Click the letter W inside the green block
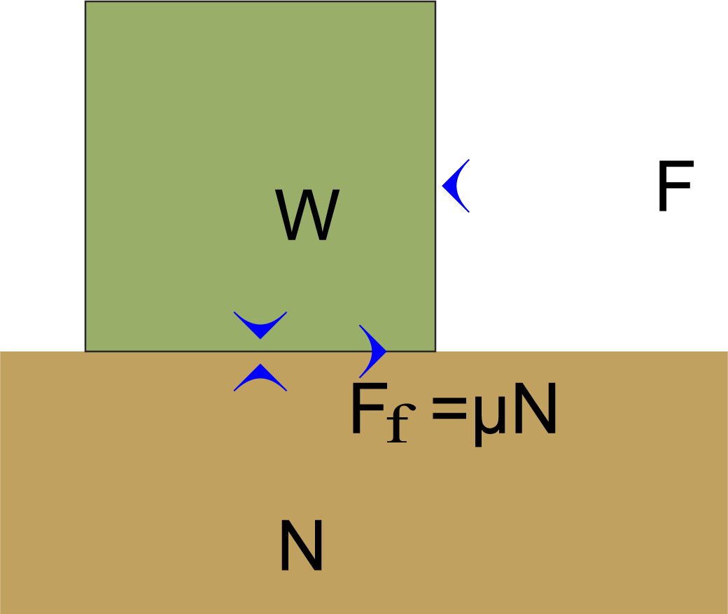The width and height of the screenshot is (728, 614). (307, 216)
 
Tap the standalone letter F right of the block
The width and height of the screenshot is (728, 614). (675, 187)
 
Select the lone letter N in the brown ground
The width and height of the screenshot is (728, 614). (301, 545)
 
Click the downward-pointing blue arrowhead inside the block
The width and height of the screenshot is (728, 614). (260, 324)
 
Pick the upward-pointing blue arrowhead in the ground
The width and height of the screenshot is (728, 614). (260, 377)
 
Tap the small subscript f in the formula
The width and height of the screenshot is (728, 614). (398, 424)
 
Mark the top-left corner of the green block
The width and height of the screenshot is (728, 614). (85, 1)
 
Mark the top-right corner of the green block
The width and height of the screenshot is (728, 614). (435, 1)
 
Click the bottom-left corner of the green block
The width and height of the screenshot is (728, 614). (85, 350)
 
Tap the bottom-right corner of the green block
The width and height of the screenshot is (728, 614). (435, 350)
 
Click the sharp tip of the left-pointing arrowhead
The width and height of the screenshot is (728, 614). (442, 186)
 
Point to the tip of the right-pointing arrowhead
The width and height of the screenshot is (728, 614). (386, 350)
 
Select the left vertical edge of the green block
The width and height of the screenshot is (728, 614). (85, 175)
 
